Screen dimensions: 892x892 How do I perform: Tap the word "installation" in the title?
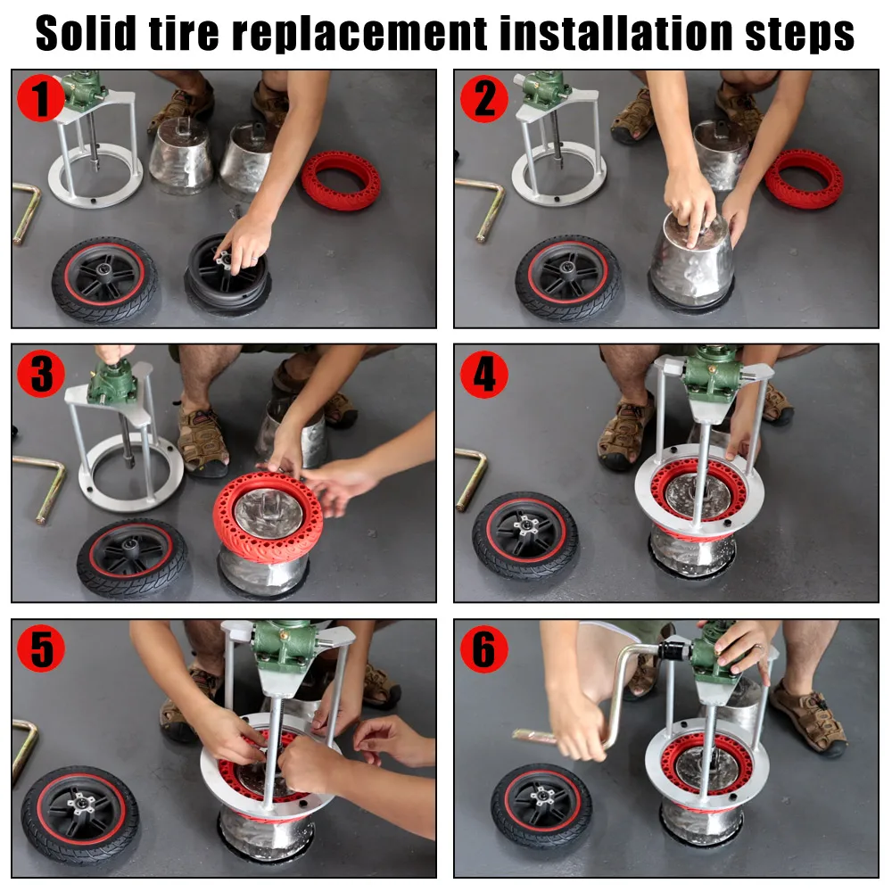pos(606,34)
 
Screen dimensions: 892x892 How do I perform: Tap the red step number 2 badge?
pos(483,98)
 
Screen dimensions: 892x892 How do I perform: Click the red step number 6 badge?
pos(483,649)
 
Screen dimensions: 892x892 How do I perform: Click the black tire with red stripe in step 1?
pos(103,278)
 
